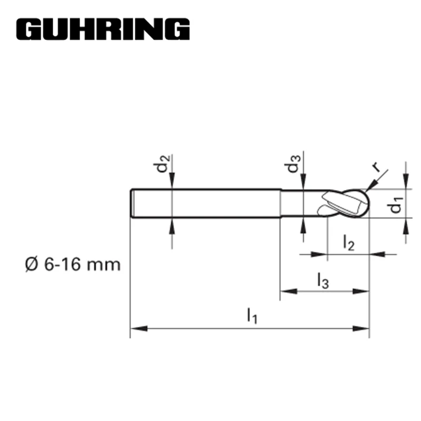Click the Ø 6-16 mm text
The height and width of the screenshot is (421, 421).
[72, 263]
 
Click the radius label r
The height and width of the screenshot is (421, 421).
[376, 167]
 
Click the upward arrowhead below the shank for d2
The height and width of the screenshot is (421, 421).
[172, 224]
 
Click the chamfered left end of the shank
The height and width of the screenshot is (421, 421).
[132, 203]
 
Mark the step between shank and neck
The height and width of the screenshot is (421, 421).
[280, 203]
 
